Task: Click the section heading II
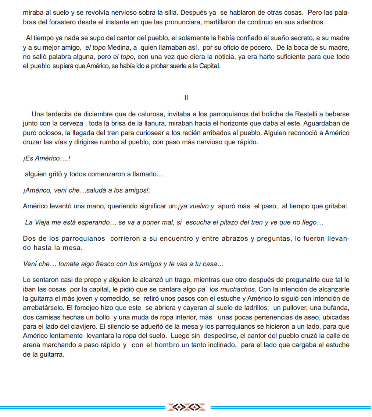(186, 98)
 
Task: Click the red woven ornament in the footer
(186, 407)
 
